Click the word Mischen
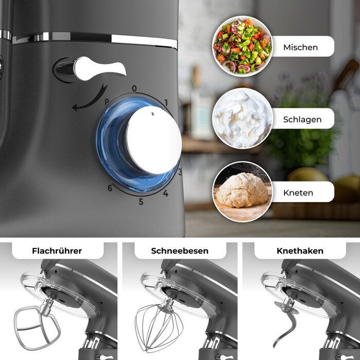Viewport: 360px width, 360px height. [x=300, y=47]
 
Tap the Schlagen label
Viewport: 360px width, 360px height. [x=302, y=120]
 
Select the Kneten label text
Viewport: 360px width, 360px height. [x=298, y=193]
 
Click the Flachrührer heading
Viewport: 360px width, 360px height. [x=57, y=251]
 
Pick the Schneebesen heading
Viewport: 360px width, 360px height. [x=180, y=251]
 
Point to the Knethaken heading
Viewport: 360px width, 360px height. [x=300, y=251]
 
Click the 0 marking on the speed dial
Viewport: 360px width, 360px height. [x=134, y=88]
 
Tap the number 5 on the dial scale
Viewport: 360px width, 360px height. [x=141, y=202]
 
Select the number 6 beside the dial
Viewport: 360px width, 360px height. [x=110, y=188]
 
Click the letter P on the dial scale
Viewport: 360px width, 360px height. [x=107, y=101]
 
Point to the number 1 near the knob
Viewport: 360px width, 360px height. [x=166, y=103]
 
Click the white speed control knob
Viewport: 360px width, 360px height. [x=154, y=140]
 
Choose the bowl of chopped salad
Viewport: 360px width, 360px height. [x=242, y=46]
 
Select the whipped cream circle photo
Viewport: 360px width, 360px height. [x=242, y=118]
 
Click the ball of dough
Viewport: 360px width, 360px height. [x=242, y=191]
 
